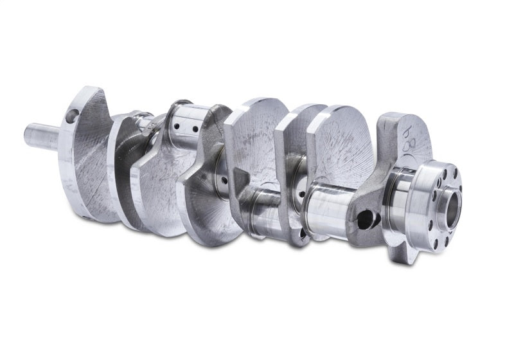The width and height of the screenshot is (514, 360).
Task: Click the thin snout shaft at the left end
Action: (x=40, y=137)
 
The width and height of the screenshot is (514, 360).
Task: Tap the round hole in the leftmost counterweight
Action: (x=72, y=116)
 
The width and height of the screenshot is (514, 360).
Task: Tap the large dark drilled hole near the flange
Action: (x=365, y=220)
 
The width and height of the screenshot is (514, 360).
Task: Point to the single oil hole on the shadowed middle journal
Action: (x=223, y=179)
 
